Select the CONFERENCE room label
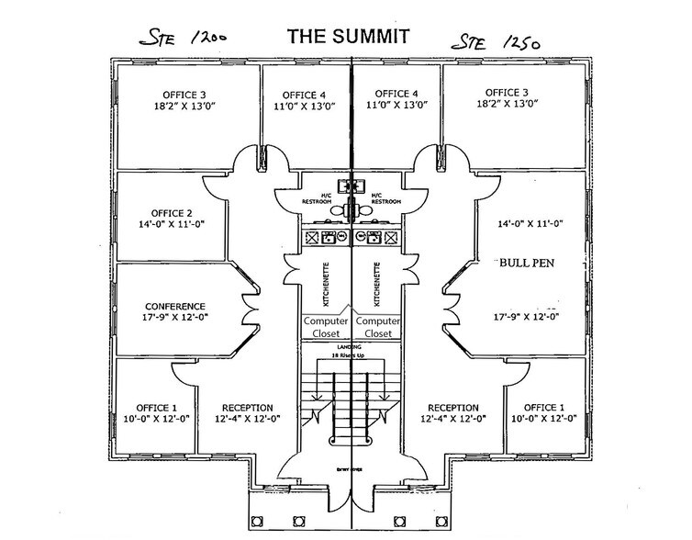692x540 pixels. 175,307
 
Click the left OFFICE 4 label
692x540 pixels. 304,94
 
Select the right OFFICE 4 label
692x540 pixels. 396,94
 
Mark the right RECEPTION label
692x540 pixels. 453,408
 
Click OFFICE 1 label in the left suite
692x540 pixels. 150,408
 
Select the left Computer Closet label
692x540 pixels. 326,327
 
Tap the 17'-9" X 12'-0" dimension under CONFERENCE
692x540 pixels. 175,320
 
